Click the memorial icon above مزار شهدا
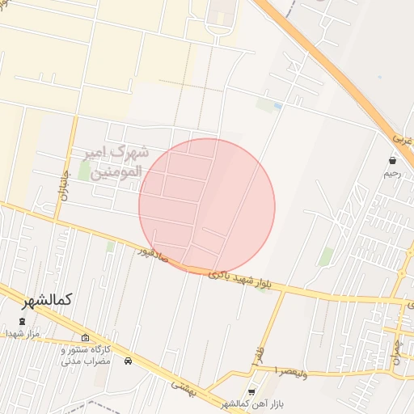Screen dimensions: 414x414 pos(22,322)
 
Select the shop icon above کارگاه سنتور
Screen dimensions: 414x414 pos(86,338)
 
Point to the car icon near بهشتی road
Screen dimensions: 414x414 pos(128,361)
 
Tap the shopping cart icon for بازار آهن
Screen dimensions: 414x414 pos(251,392)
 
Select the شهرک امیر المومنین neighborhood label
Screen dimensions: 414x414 pos(117,161)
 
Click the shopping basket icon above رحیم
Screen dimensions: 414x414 pos(392,161)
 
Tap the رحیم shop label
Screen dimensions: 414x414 pos(392,172)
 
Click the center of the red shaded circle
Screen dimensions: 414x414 pos(207,206)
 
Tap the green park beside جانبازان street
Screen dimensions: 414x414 pos(84,171)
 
